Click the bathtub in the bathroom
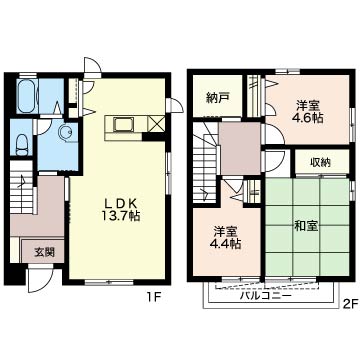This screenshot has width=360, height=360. coord(27,96)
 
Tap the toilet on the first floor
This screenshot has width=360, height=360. coord(22,145)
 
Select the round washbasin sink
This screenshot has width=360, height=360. coord(65,132)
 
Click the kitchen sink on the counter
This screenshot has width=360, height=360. coord(121,124)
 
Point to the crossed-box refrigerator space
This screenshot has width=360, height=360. coord(156,124)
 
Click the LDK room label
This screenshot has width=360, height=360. coord(120,203)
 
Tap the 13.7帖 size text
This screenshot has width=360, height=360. coord(120,216)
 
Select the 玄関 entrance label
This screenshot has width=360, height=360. coord(44,252)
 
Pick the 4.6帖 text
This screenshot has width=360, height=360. coord(309,118)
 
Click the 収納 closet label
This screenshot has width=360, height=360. coord(321,162)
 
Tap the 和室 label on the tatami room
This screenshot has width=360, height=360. coord(306,226)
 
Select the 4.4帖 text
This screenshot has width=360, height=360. coord(227,244)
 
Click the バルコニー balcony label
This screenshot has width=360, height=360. coord(265,295)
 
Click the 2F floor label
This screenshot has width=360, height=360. coord(350,303)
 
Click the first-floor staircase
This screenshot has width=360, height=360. coord(22,187)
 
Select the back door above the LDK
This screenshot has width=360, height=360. coord(92,68)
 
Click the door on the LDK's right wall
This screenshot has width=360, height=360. coord(175,106)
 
